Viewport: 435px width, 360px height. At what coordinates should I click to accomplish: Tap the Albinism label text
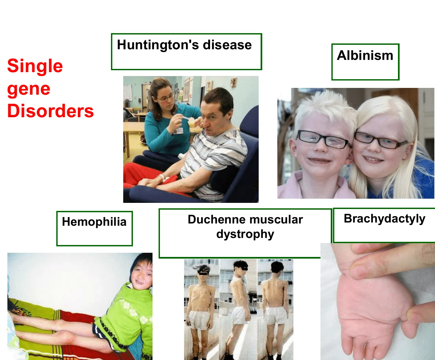coord(365,55)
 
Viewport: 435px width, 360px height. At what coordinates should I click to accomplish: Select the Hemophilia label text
coord(94,222)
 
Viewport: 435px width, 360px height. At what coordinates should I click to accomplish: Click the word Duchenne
coord(217,219)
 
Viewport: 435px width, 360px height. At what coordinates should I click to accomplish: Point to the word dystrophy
coord(245,234)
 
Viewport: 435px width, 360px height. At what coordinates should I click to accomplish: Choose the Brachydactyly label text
coord(384,219)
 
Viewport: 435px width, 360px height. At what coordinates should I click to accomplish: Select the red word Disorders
coord(51,111)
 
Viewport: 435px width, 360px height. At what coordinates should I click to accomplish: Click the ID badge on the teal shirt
coord(178,131)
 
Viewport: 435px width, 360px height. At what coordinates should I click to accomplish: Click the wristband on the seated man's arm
coord(162,177)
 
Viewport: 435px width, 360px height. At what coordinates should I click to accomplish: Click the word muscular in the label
coord(276,219)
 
